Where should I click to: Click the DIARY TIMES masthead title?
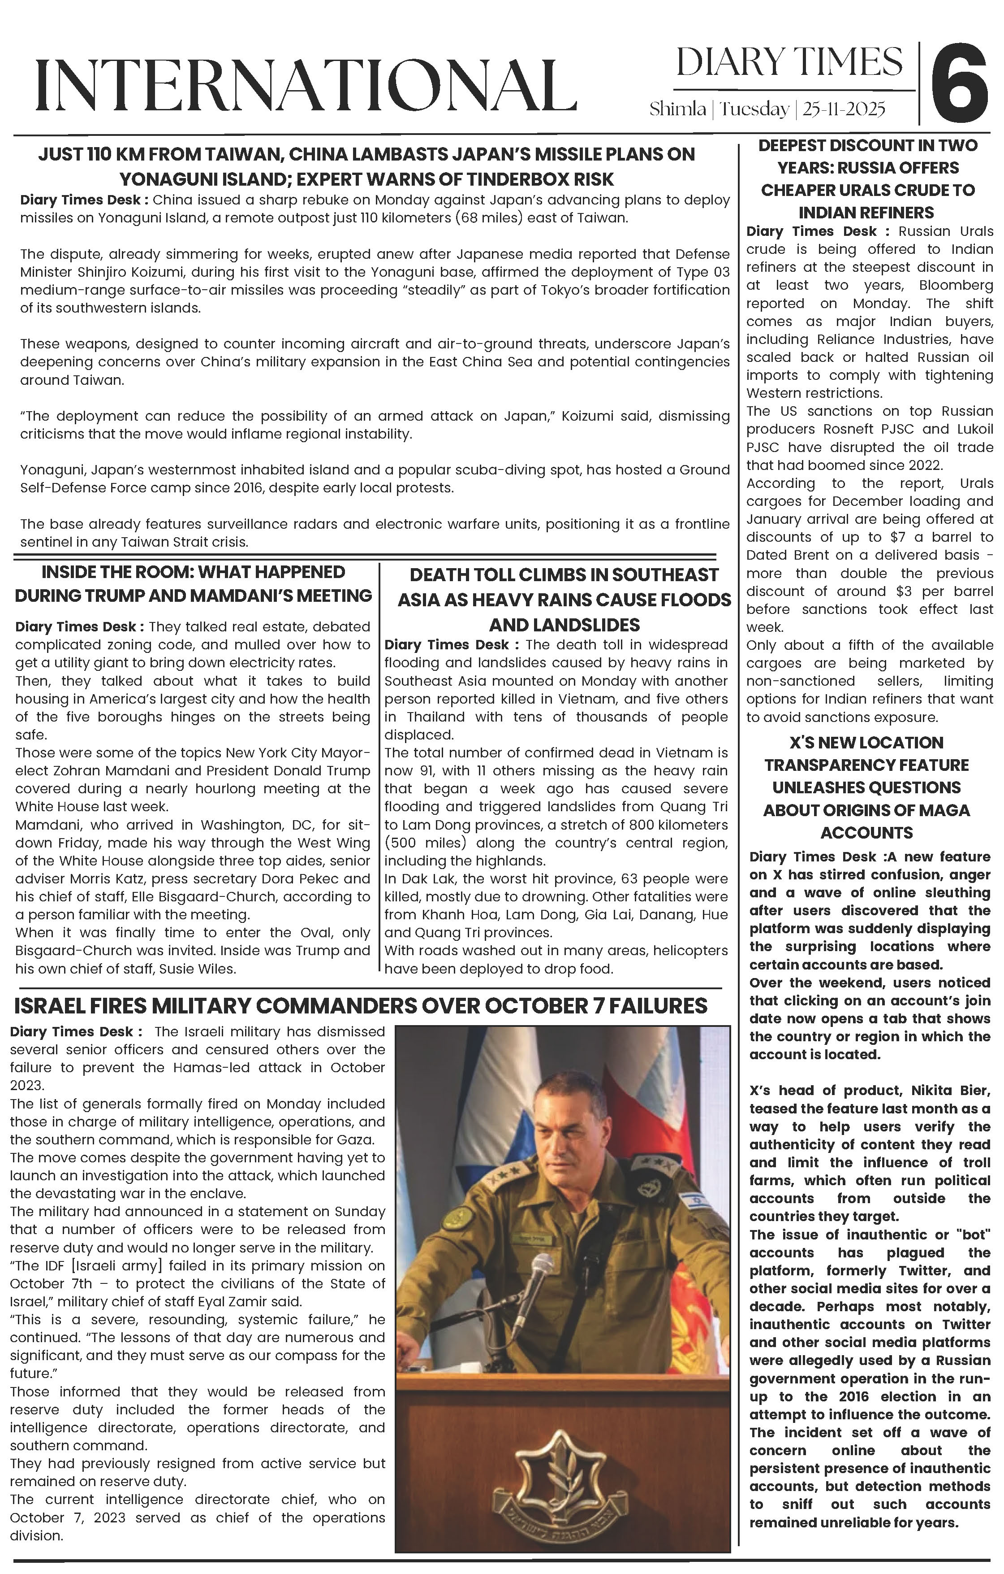pos(789,63)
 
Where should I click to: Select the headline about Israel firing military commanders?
pos(361,1005)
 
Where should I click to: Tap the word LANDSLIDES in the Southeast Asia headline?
pos(564,625)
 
